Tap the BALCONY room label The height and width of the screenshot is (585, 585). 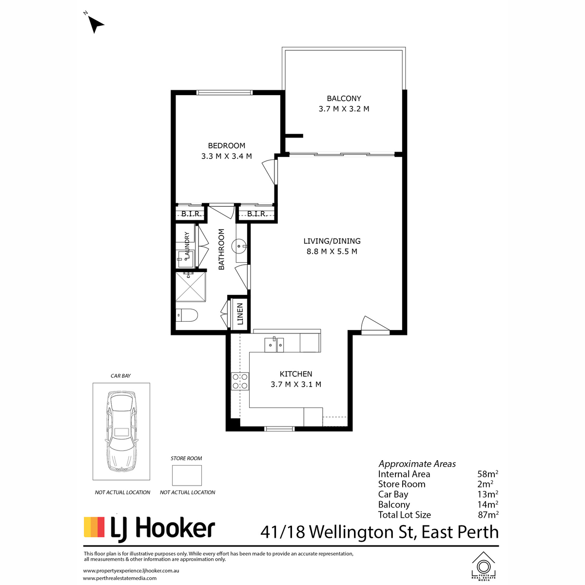click(344, 98)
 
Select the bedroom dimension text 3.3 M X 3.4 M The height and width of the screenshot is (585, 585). click(227, 156)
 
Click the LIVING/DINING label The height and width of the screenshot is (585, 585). click(332, 241)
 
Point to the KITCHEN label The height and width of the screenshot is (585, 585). click(296, 374)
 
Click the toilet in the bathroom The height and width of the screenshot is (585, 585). click(187, 315)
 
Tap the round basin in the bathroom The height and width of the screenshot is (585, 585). click(239, 246)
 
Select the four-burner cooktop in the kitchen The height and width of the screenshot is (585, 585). click(240, 381)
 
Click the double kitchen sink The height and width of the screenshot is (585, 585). click(274, 345)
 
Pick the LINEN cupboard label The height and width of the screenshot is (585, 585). click(240, 314)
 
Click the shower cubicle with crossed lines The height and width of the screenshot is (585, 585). click(191, 287)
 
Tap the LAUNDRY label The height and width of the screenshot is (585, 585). click(186, 245)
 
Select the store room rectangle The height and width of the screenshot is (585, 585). click(187, 476)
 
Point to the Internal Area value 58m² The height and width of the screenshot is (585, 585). click(487, 474)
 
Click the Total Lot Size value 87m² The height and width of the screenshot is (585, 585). click(488, 515)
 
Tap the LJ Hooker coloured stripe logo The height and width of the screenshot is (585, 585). click(94, 527)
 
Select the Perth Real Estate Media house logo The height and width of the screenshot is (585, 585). click(483, 566)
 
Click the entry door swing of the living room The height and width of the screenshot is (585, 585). click(375, 325)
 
